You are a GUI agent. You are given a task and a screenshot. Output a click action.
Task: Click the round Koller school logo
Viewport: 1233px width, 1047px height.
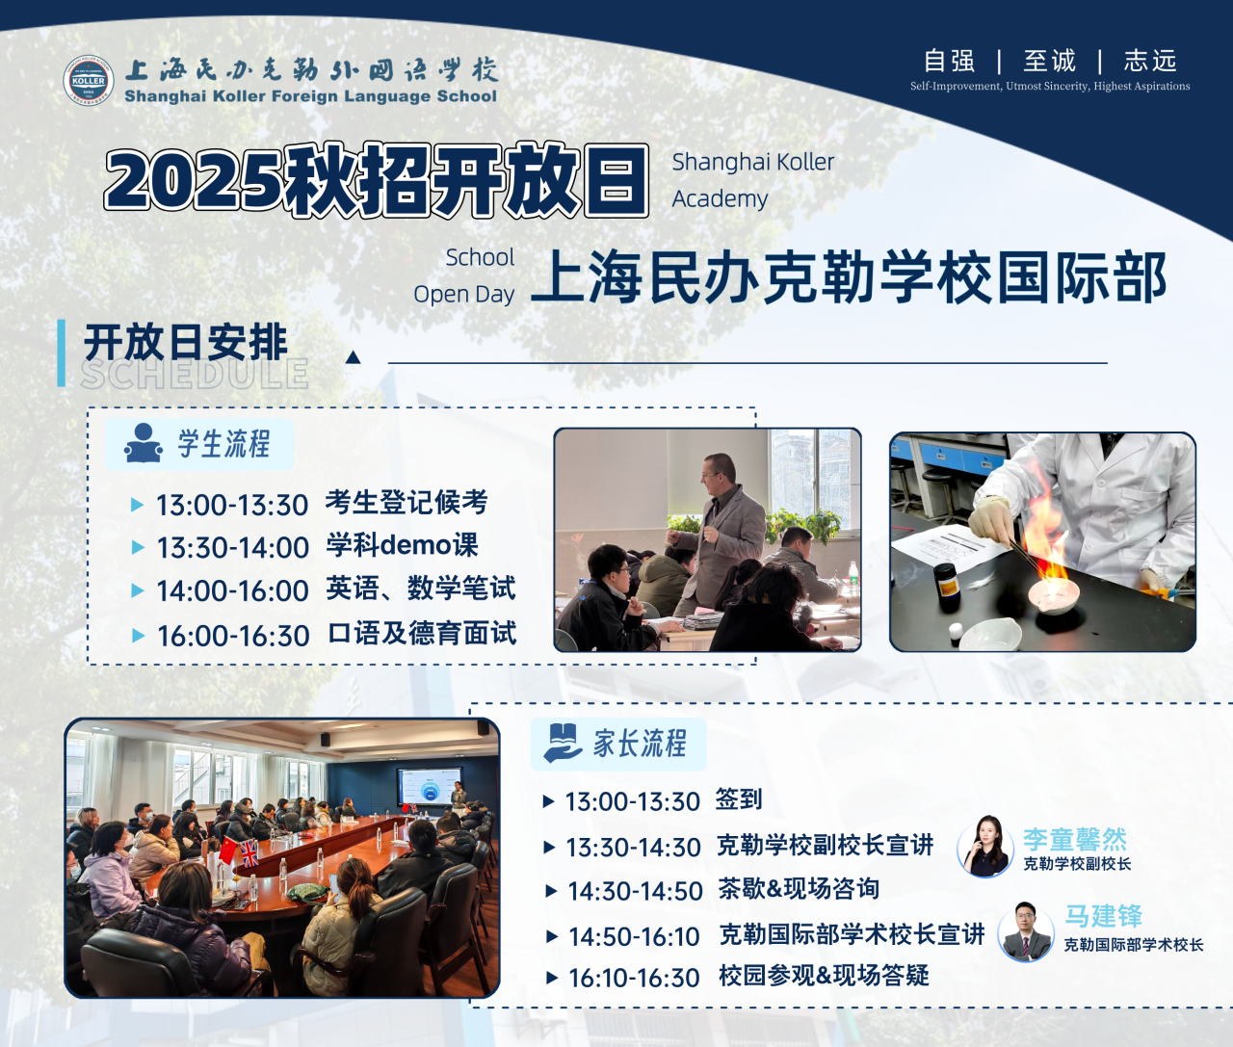[89, 80]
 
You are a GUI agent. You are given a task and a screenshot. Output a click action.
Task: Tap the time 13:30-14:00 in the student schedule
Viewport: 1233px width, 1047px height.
[232, 548]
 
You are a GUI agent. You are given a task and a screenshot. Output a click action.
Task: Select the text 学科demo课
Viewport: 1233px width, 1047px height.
[402, 545]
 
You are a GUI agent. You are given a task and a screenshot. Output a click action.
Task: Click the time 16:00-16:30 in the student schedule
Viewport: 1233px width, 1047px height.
[233, 636]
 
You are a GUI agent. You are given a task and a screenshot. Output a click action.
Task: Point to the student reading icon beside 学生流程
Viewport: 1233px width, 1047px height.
[143, 443]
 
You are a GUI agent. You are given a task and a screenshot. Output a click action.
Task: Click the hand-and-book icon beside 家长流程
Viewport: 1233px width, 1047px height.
[563, 744]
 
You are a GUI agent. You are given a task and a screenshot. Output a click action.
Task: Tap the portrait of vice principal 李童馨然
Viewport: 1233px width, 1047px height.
[985, 847]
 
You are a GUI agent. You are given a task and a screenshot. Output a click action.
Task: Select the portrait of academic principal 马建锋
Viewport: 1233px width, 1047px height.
[1026, 931]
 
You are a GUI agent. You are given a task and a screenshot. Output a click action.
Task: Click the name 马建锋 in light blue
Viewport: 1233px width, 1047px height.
[1103, 916]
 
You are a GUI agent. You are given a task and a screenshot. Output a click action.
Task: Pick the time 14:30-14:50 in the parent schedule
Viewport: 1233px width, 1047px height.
[635, 891]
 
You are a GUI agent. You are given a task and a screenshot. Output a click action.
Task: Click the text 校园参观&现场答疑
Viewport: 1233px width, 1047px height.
[824, 976]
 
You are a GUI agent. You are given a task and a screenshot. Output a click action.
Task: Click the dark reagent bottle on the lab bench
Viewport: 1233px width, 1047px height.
[947, 588]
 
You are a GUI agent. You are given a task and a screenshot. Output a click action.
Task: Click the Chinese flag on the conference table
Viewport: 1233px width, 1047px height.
[228, 851]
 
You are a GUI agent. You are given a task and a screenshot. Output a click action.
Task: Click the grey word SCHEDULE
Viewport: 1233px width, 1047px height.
[195, 374]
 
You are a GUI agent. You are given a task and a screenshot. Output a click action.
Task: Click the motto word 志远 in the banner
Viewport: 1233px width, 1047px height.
[1150, 61]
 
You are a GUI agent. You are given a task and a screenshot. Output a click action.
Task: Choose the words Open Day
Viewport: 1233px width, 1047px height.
[463, 294]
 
